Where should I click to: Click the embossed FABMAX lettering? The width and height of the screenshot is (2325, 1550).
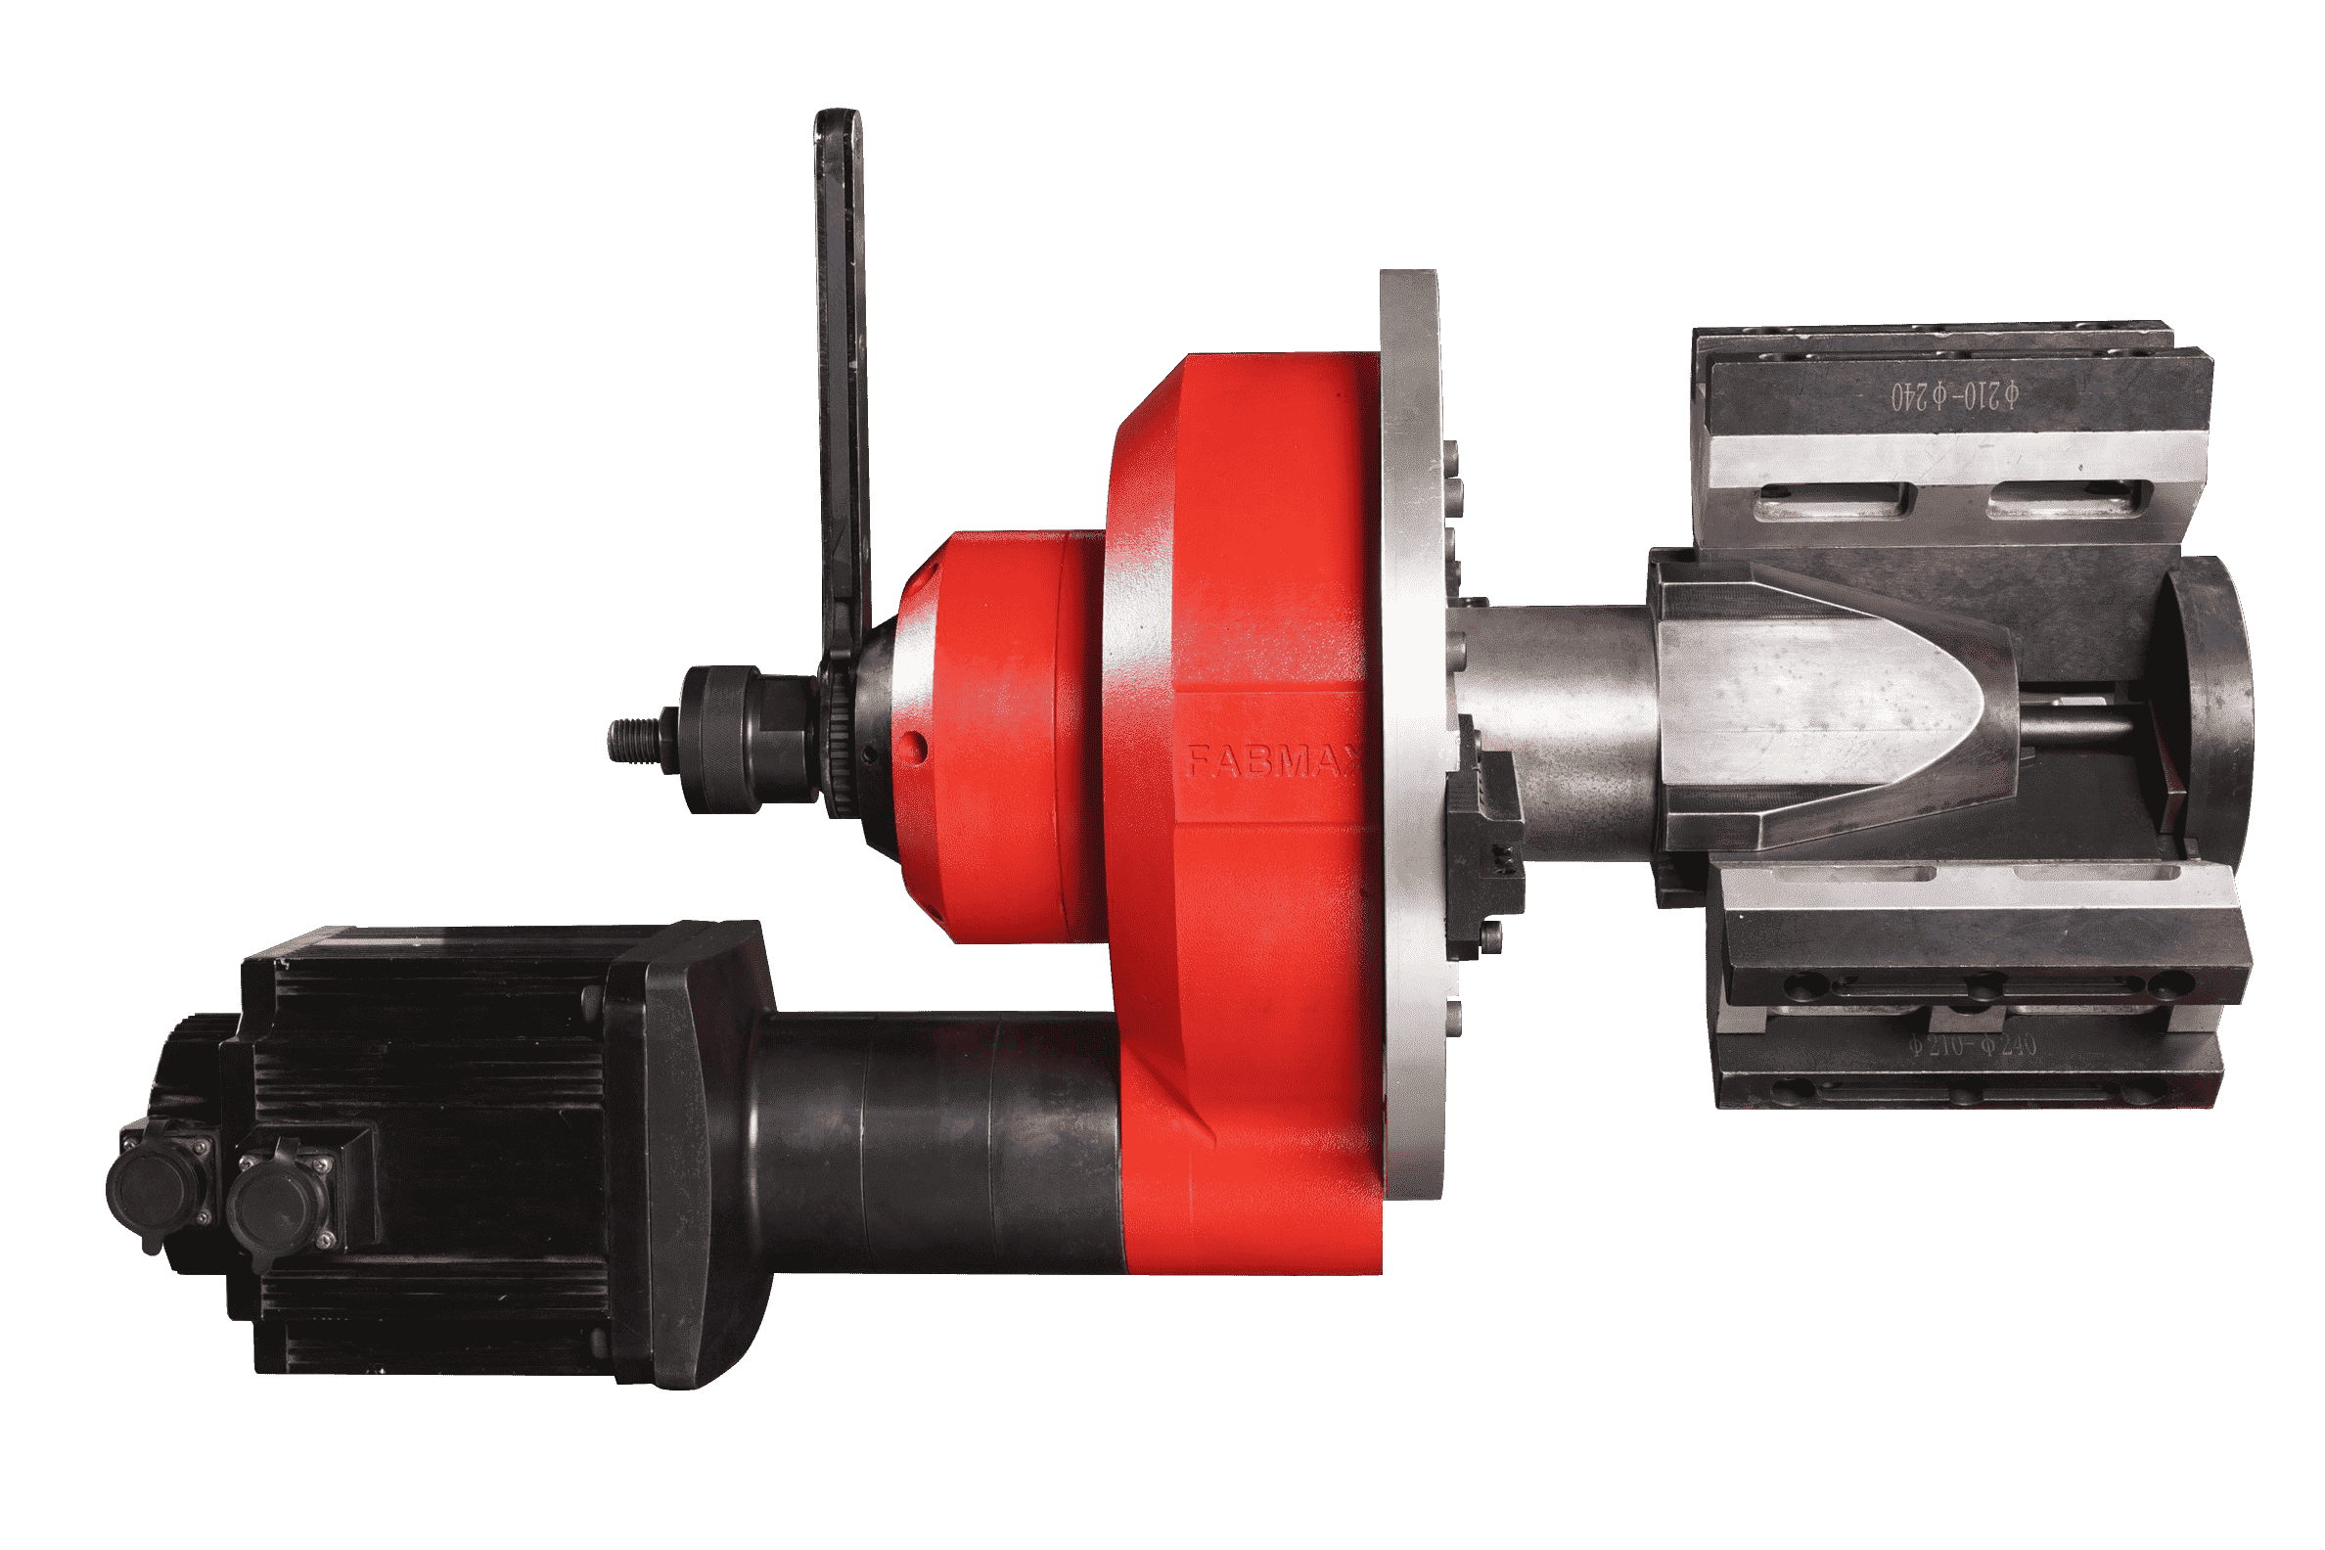1270,759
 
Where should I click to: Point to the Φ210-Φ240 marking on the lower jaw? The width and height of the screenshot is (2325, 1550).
1972,1045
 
